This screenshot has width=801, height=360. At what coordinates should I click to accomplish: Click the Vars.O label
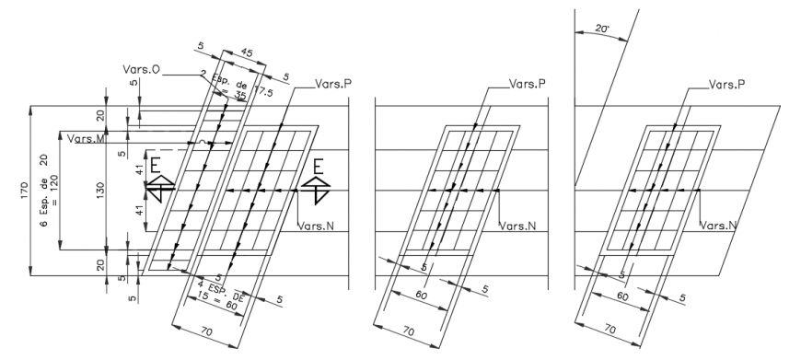141,70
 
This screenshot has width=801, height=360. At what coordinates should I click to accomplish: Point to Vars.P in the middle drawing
528,83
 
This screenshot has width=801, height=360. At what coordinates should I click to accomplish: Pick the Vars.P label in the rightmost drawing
726,84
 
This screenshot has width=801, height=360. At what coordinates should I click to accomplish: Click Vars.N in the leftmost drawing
316,225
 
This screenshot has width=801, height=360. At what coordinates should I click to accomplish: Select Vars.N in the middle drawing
516,225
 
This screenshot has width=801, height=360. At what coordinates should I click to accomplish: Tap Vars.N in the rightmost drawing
718,225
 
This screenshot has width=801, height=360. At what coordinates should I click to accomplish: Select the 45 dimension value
246,53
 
